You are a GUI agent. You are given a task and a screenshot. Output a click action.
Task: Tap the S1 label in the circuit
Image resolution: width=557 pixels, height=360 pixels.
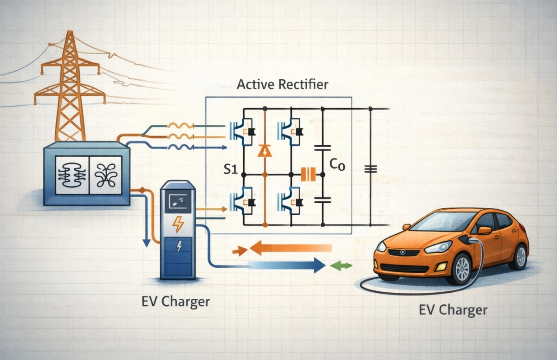[231, 169]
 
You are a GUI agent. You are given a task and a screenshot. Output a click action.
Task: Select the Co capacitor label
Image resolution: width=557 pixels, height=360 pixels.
[337, 166]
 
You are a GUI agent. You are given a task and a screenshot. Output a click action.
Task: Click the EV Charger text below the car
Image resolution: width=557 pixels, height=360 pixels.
[453, 309]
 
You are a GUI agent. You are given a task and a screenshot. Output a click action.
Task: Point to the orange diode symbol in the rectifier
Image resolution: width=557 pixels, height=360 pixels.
[265, 150]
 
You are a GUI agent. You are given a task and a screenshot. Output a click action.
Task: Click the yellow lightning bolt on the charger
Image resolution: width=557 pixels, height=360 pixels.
[178, 225]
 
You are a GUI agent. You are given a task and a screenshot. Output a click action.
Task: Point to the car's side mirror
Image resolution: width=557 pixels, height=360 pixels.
[484, 231]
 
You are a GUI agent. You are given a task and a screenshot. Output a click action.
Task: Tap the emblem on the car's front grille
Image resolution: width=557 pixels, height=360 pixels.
[402, 252]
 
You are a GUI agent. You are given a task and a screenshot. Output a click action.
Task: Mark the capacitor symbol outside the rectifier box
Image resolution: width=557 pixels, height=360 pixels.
[370, 169]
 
